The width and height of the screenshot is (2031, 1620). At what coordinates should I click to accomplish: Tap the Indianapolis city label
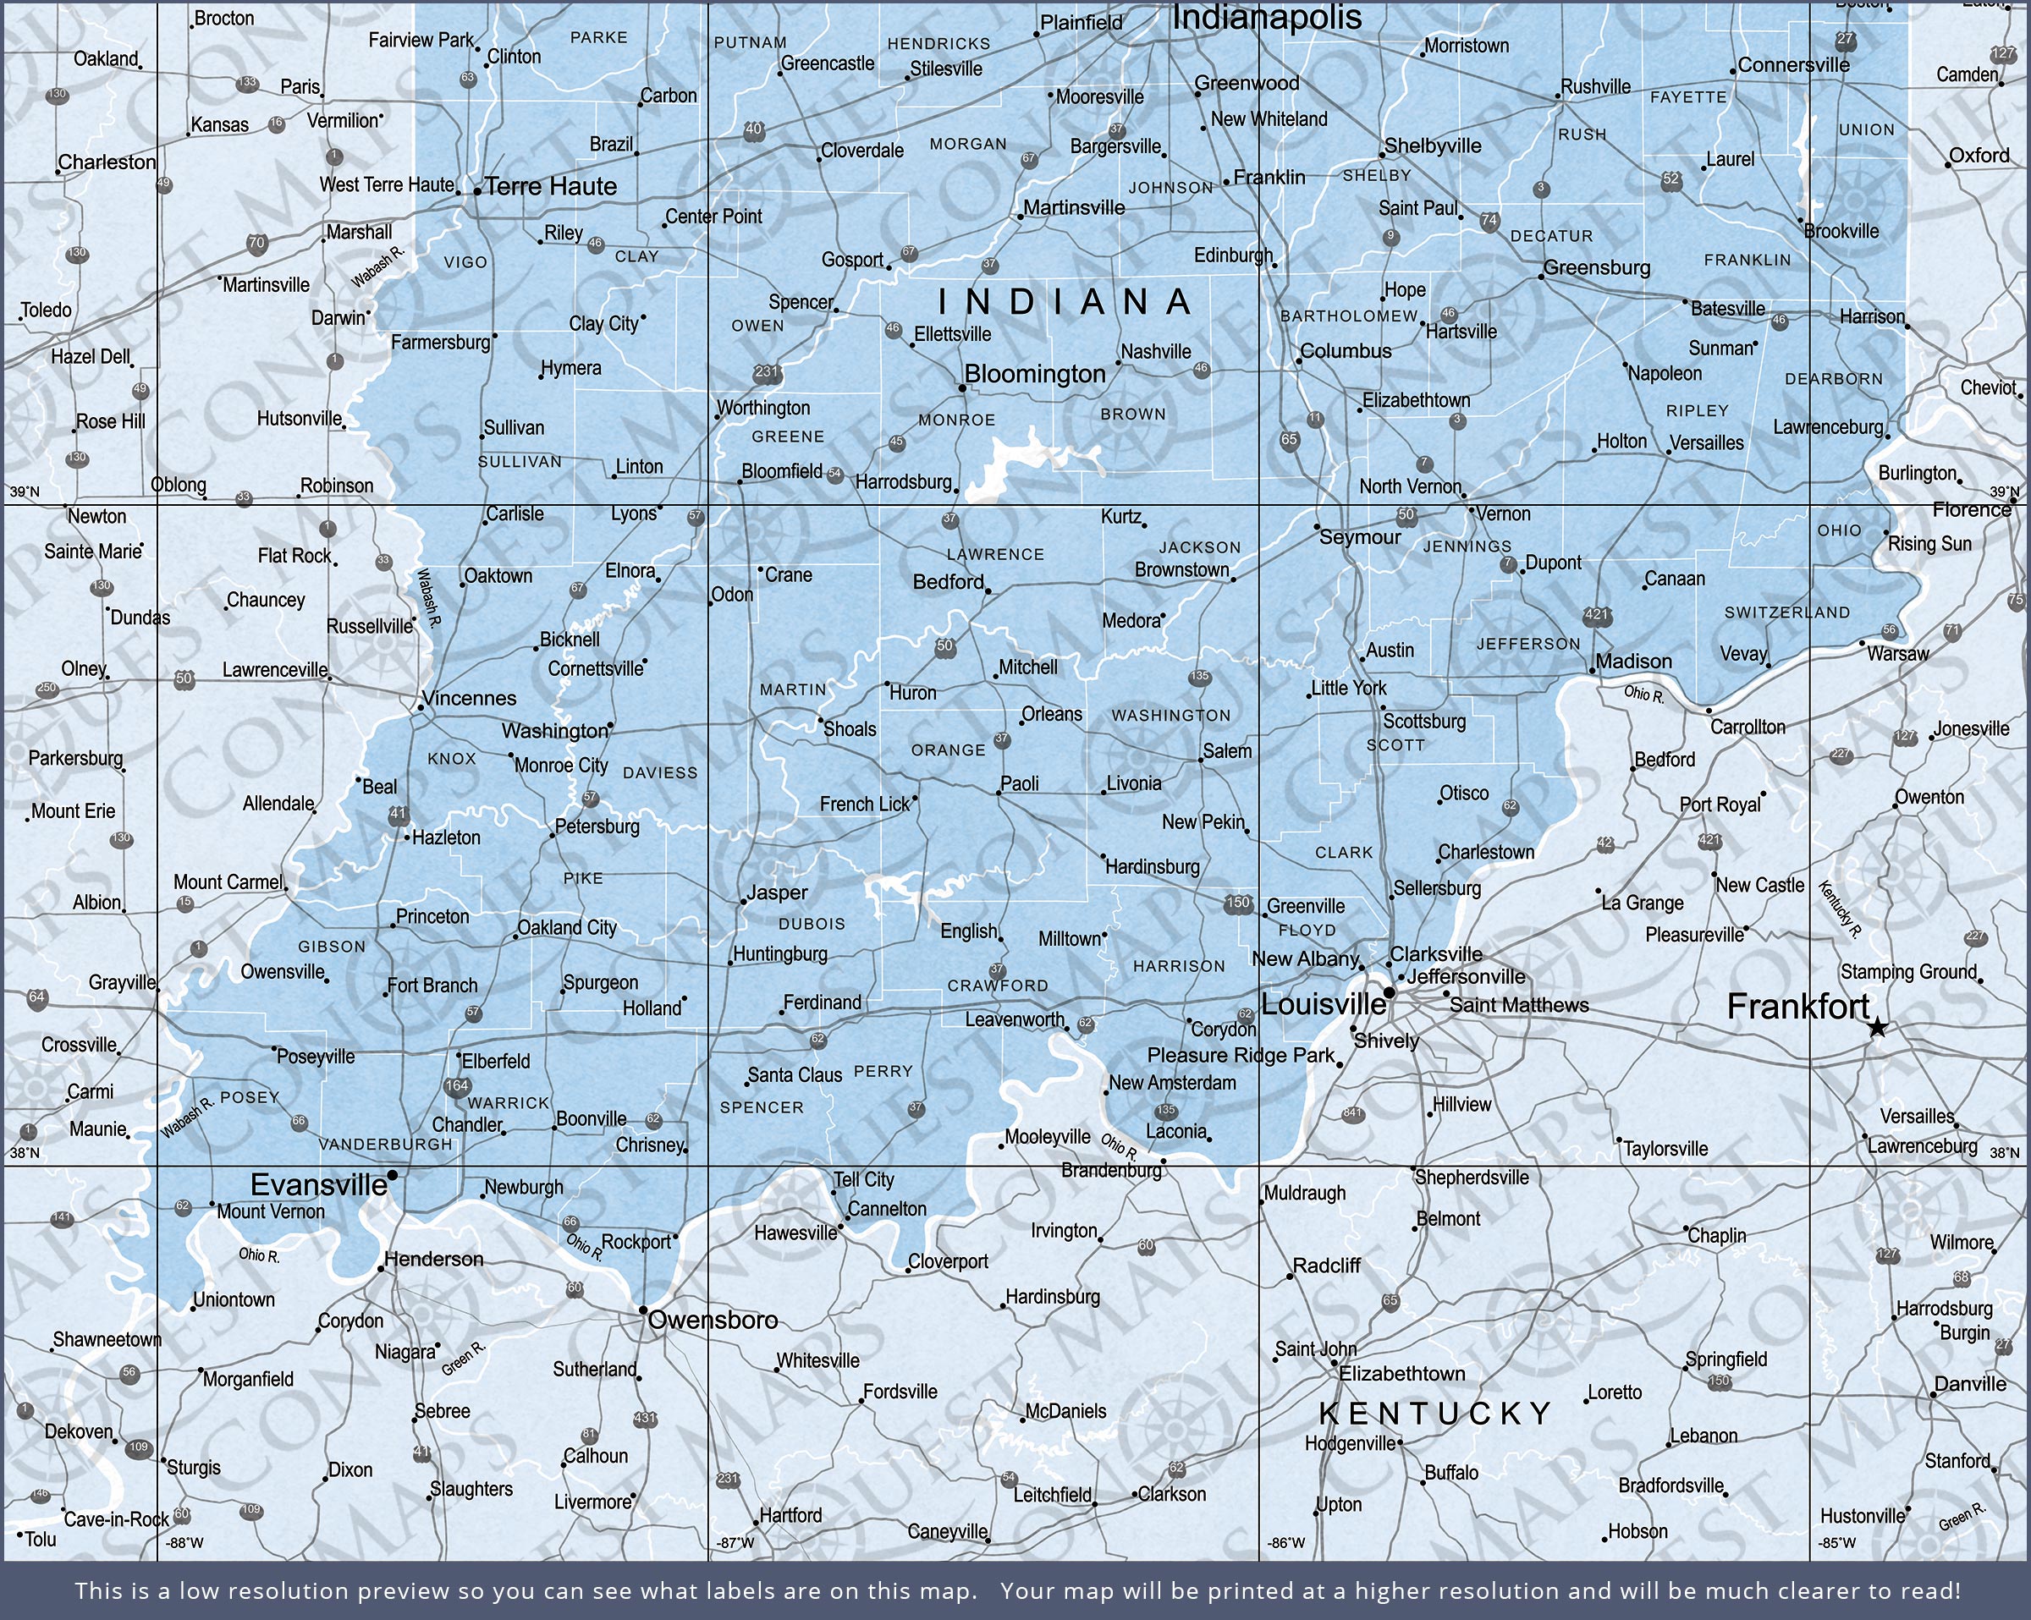[x=1266, y=17]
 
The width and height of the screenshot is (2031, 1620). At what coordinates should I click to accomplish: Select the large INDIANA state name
[x=1065, y=301]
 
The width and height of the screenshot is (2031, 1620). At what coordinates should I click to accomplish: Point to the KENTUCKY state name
[x=1435, y=1413]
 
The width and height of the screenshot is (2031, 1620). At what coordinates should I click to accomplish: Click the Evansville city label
[x=318, y=1185]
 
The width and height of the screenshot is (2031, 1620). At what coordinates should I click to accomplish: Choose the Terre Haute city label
[x=551, y=186]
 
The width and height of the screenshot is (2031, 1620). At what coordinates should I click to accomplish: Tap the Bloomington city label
[x=1034, y=374]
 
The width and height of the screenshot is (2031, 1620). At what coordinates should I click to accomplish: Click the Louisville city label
[x=1323, y=1004]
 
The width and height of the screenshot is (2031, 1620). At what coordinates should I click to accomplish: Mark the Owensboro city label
[x=713, y=1321]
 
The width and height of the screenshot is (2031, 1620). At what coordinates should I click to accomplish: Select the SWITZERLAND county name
[x=1787, y=612]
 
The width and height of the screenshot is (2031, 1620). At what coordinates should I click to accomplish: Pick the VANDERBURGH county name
[x=385, y=1145]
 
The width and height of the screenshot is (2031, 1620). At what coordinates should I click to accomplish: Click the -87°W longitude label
[x=735, y=1543]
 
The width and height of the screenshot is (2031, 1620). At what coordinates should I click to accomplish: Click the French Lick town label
[x=865, y=805]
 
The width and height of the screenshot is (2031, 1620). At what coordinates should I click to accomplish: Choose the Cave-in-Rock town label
[x=116, y=1519]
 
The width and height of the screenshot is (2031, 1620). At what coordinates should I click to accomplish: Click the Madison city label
[x=1633, y=662]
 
